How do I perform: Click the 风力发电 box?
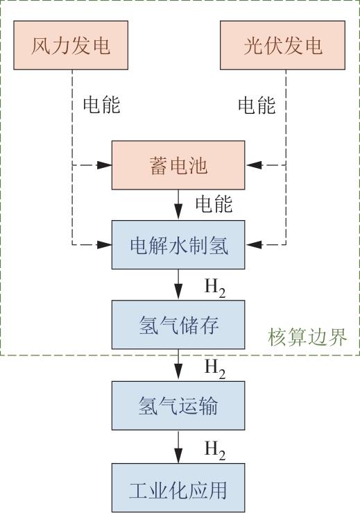coord(71,45)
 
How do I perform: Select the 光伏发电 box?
coord(282,45)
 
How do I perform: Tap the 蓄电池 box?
coord(178,165)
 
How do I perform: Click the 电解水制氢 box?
coord(178,245)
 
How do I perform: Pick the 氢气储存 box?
coord(178,325)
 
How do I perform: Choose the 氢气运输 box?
coord(178,405)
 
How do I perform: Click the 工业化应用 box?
coord(178,488)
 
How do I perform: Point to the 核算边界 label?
coord(307,337)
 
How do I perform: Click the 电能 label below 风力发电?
coord(102,105)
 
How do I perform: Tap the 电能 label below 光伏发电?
coord(257,106)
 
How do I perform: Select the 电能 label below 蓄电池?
coord(214,204)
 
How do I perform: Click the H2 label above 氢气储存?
coord(215,288)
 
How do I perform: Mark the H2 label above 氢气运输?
coord(215,369)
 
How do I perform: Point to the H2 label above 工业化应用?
coord(215,451)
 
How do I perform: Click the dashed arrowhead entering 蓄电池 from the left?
coord(105,165)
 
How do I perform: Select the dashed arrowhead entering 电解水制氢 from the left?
coord(105,244)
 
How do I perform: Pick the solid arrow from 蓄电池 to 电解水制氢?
coord(178,205)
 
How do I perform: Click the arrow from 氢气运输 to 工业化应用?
coord(178,446)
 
